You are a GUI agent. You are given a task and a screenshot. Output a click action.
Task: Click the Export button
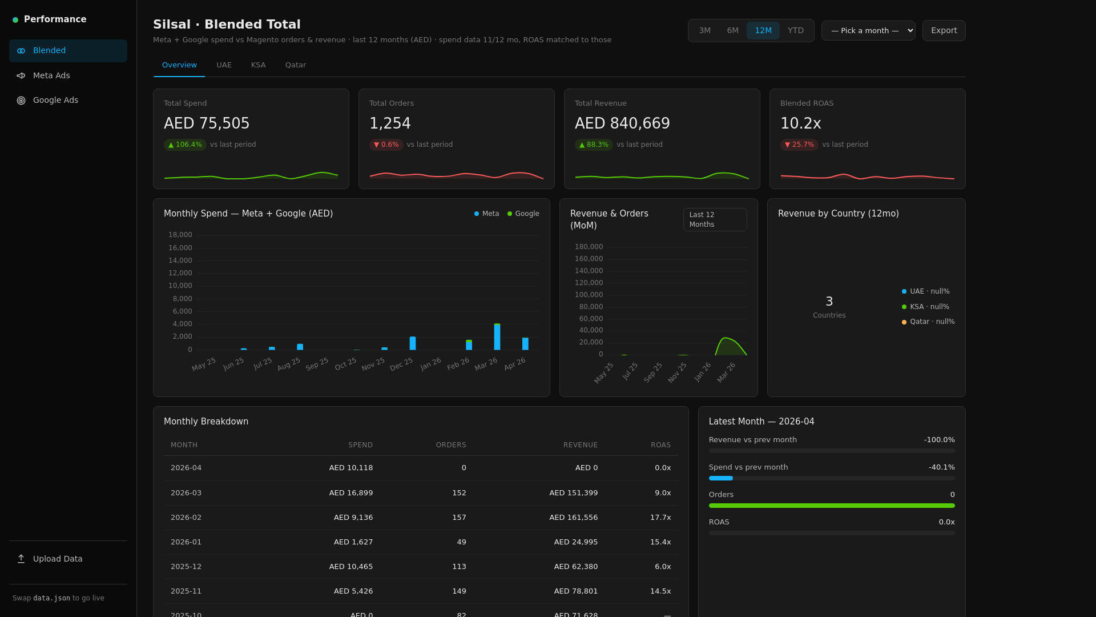pyautogui.click(x=944, y=31)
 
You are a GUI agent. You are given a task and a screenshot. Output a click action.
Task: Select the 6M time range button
pyautogui.click(x=732, y=31)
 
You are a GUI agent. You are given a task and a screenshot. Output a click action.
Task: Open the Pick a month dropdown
pyautogui.click(x=868, y=31)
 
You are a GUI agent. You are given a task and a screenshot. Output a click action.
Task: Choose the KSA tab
pyautogui.click(x=258, y=65)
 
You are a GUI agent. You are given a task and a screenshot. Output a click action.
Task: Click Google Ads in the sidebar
pyautogui.click(x=55, y=101)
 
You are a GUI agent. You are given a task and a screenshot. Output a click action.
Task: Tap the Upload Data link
pyautogui.click(x=57, y=559)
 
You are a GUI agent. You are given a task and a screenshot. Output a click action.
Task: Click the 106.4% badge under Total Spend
pyautogui.click(x=185, y=145)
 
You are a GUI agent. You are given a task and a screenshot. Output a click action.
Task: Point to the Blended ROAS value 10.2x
pyautogui.click(x=800, y=123)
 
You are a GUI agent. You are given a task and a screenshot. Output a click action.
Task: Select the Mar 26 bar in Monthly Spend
pyautogui.click(x=497, y=337)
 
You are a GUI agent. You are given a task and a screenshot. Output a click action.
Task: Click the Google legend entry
pyautogui.click(x=523, y=214)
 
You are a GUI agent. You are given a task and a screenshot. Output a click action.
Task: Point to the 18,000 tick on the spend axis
pyautogui.click(x=180, y=235)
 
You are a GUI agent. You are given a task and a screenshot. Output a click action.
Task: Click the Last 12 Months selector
pyautogui.click(x=715, y=220)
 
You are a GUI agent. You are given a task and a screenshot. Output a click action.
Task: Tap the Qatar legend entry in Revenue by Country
pyautogui.click(x=928, y=322)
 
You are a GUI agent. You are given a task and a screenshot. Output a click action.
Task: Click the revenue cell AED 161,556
pyautogui.click(x=573, y=518)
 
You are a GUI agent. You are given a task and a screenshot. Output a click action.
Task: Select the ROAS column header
pyautogui.click(x=660, y=445)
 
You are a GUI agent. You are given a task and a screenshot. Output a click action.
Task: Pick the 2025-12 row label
pyautogui.click(x=186, y=567)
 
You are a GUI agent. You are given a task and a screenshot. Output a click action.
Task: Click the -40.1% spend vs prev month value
pyautogui.click(x=941, y=467)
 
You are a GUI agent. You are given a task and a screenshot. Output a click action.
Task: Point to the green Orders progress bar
pyautogui.click(x=831, y=506)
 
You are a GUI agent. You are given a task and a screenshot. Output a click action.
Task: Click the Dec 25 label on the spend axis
pyautogui.click(x=401, y=364)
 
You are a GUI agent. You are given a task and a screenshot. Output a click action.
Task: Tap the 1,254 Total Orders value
pyautogui.click(x=390, y=123)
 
